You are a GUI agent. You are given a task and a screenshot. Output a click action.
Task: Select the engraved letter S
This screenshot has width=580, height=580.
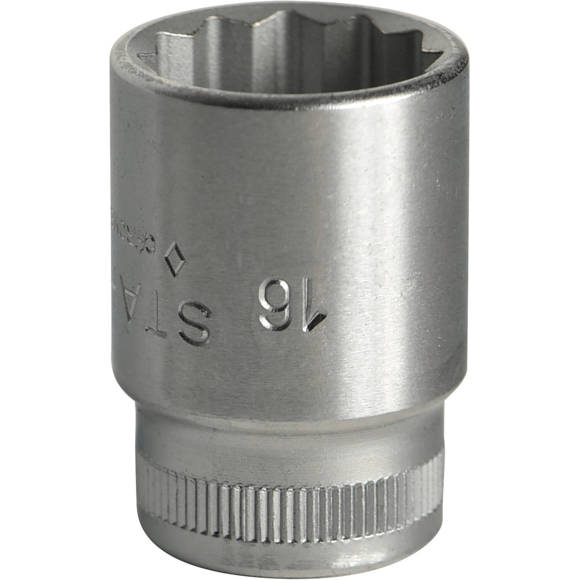pyautogui.click(x=194, y=322)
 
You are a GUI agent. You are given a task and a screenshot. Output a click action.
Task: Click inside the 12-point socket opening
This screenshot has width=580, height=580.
pyautogui.click(x=290, y=54)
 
